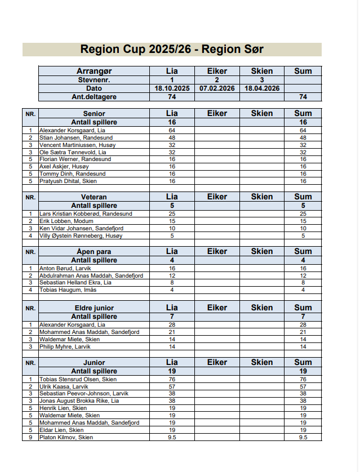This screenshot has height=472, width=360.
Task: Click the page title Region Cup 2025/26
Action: pyautogui.click(x=172, y=50)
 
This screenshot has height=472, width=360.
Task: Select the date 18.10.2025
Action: pyautogui.click(x=172, y=88)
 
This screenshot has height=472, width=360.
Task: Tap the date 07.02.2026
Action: pyautogui.click(x=217, y=88)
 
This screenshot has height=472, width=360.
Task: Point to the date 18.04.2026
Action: pyautogui.click(x=262, y=88)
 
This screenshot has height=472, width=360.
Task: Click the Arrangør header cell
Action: pyautogui.click(x=94, y=71)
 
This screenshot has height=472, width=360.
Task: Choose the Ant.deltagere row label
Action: pyautogui.click(x=94, y=97)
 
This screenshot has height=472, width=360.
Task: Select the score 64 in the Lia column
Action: pyautogui.click(x=172, y=130)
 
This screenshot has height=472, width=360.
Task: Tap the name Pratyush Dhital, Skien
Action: pyautogui.click(x=68, y=181)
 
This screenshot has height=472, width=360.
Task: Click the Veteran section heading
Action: pyautogui.click(x=94, y=197)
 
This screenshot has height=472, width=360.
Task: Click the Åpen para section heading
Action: pyautogui.click(x=94, y=252)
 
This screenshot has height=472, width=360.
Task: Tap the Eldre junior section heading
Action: pyautogui.click(x=94, y=308)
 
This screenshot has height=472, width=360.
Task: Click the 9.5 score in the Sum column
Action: pyautogui.click(x=303, y=438)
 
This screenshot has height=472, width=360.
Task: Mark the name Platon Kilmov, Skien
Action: pyautogui.click(x=66, y=438)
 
